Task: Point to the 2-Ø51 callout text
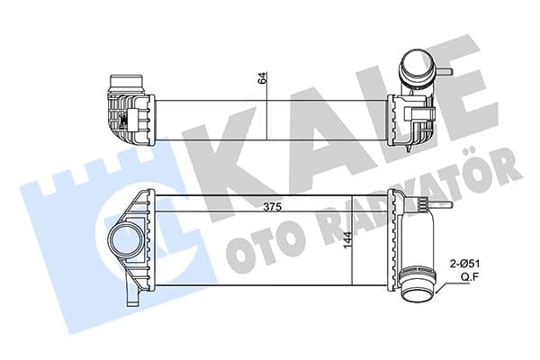pyautogui.click(x=465, y=264)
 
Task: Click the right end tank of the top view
pyautogui.click(x=409, y=116)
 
